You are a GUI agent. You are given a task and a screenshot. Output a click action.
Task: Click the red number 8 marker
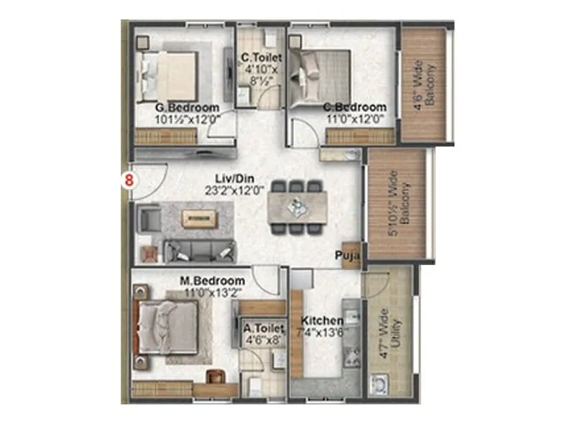(129, 180)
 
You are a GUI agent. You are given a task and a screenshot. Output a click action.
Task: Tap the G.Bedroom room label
(186, 108)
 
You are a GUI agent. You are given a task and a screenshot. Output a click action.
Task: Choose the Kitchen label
(317, 320)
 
